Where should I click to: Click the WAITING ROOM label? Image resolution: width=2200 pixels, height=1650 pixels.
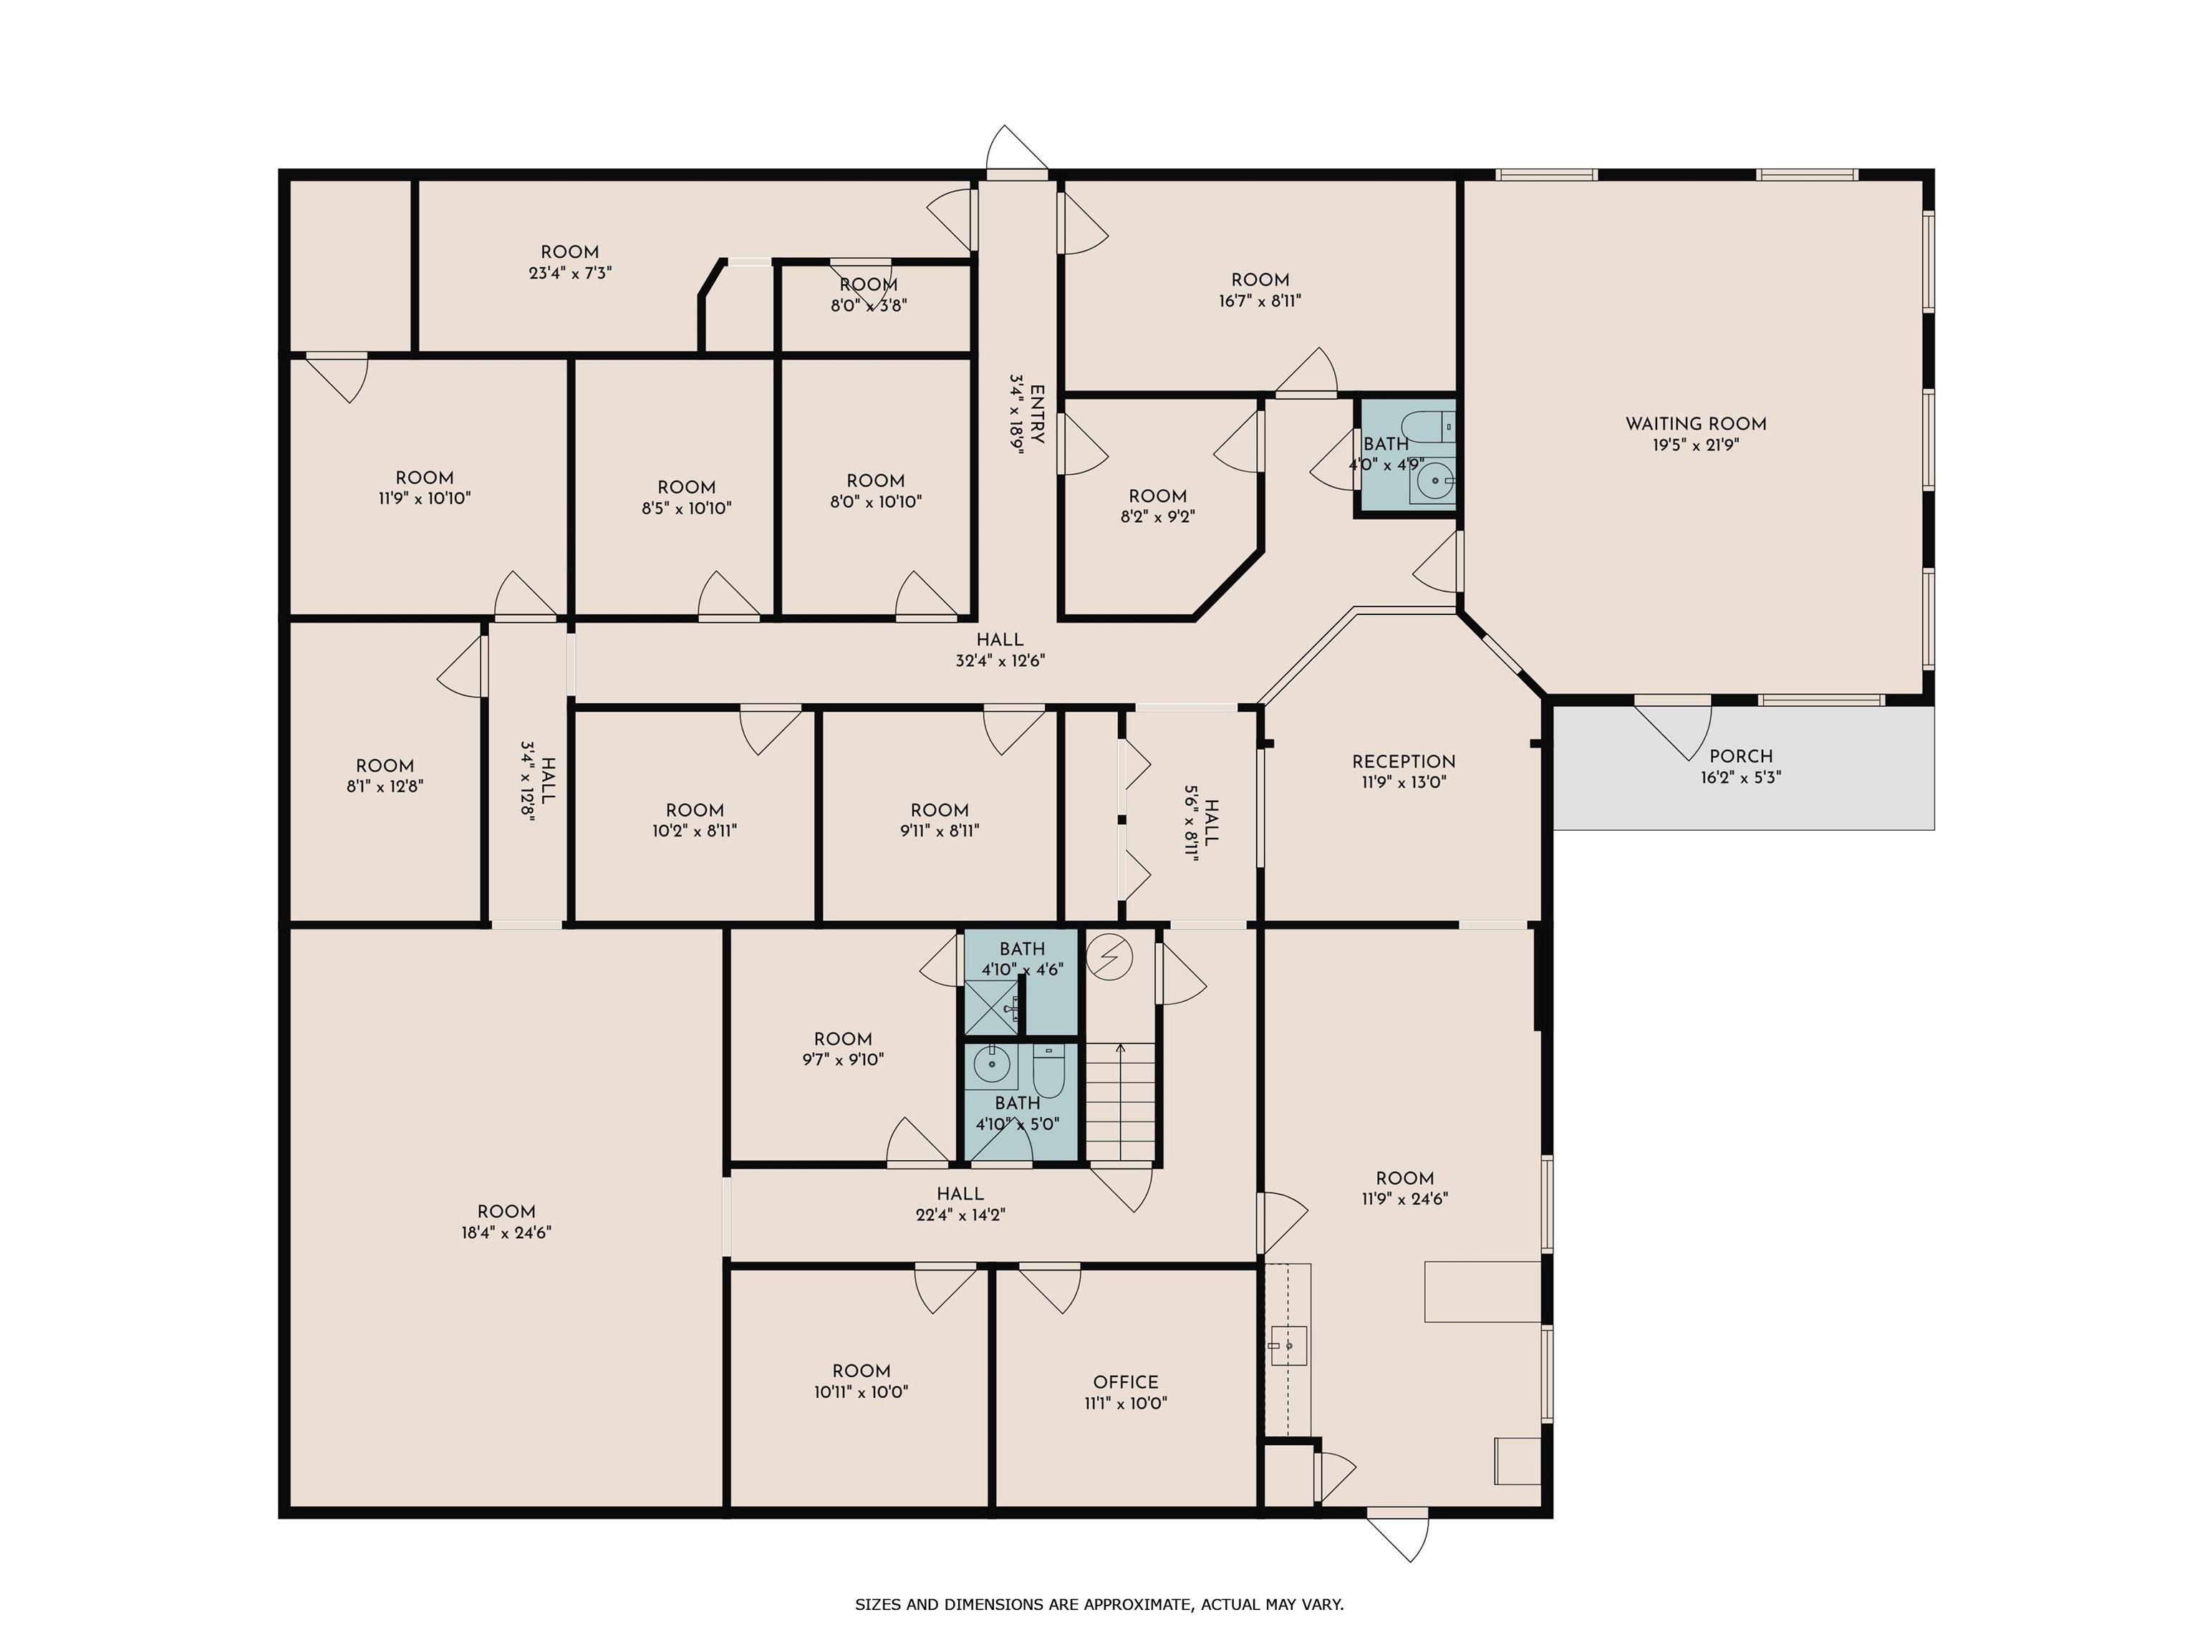tap(1696, 424)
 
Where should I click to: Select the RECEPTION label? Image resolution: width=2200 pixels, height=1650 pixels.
tap(1404, 762)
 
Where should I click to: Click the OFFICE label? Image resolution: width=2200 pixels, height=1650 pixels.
tap(1126, 1382)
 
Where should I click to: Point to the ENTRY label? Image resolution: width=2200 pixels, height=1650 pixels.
tap(1036, 415)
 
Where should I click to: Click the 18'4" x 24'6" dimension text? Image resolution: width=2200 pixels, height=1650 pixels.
tap(506, 1233)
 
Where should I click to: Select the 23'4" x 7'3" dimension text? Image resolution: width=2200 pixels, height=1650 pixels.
tap(570, 273)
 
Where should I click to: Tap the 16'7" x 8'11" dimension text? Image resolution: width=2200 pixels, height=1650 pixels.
tap(1260, 300)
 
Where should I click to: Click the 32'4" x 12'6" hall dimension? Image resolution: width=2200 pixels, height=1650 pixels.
tap(1000, 660)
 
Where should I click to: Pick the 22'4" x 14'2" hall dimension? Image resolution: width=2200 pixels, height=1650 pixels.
tap(961, 1215)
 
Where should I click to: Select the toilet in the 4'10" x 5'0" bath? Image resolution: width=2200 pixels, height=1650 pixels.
tap(1049, 1069)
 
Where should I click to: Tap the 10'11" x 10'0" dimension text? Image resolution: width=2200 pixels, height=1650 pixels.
tap(862, 1392)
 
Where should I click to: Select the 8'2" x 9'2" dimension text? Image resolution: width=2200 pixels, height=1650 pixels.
tap(1158, 517)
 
